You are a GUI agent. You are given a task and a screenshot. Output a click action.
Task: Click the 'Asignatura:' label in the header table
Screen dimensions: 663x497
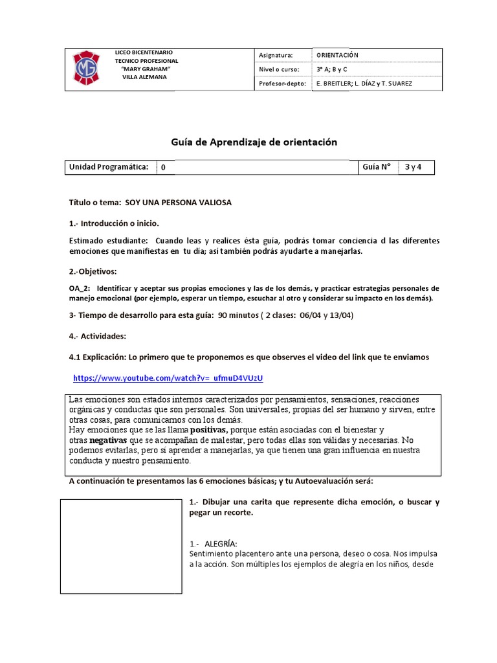276,56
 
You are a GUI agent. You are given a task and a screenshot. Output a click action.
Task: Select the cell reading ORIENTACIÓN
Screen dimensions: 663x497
337,56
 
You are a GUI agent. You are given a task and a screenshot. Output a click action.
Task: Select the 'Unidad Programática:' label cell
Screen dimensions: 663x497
109,167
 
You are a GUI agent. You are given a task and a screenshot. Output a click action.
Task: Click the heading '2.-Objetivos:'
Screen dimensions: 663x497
93,271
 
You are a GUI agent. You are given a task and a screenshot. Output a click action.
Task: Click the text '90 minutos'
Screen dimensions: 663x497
239,316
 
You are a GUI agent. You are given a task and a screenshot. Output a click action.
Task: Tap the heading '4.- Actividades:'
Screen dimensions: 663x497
98,337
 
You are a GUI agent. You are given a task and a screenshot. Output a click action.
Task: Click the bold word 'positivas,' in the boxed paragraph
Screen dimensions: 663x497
210,430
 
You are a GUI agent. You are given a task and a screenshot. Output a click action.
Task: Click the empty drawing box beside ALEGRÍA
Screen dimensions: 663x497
120,546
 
